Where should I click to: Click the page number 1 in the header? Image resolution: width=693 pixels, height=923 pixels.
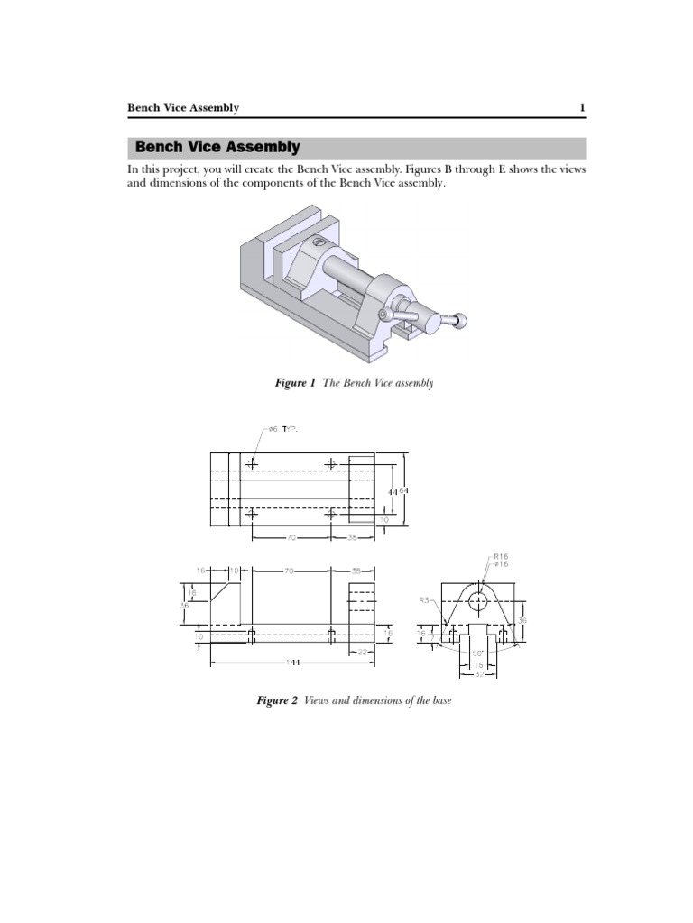[x=583, y=108]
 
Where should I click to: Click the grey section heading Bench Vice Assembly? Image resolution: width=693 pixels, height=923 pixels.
[x=217, y=147]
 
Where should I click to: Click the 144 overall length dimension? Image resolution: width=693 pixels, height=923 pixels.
[x=292, y=663]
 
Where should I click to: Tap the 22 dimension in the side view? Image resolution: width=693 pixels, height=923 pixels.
[x=362, y=652]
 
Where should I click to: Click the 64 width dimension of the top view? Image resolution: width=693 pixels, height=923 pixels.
[x=404, y=491]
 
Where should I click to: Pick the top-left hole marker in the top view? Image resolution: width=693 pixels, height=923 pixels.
[x=252, y=463]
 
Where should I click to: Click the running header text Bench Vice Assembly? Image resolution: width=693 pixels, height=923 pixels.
[x=183, y=108]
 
